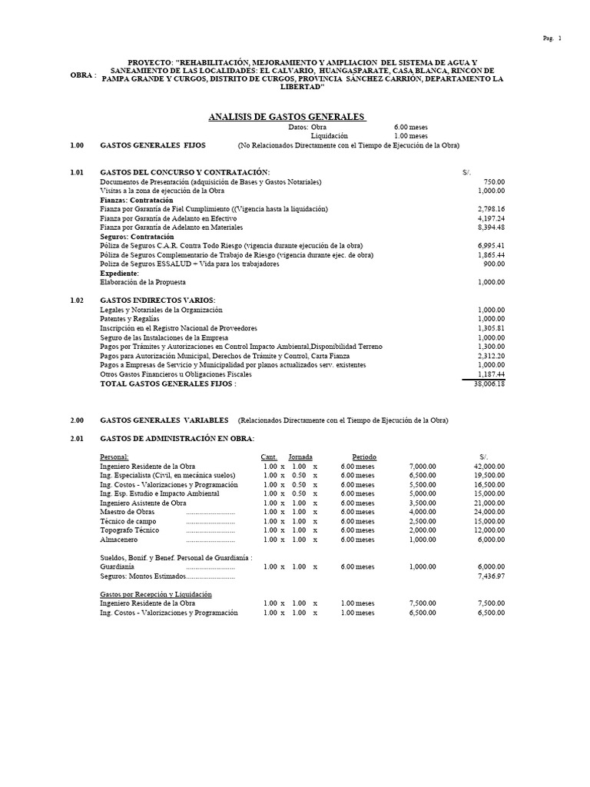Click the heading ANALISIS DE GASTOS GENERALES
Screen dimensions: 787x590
click(287, 116)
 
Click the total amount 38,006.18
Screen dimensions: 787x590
click(489, 383)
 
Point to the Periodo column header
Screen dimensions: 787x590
click(364, 457)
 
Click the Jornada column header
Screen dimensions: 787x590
click(300, 457)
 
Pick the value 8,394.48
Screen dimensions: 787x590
click(489, 227)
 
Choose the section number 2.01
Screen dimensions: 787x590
click(76, 438)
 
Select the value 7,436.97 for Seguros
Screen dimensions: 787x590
click(489, 575)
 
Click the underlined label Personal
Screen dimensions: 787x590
click(114, 457)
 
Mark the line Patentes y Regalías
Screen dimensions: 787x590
click(130, 318)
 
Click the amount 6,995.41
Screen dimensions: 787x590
click(489, 245)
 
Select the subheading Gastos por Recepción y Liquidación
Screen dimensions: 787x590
click(156, 594)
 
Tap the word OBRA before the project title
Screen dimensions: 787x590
click(81, 75)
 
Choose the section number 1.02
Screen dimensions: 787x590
click(76, 299)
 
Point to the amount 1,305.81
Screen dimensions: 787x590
click(489, 327)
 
